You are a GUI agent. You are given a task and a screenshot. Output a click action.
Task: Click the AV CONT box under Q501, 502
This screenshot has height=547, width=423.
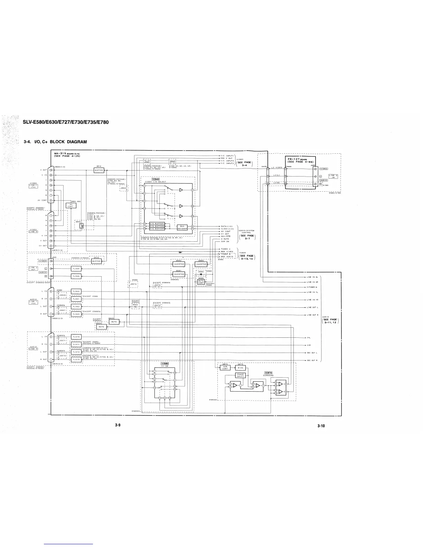click(71, 205)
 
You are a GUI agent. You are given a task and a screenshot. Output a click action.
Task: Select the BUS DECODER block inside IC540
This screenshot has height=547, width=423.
click(182, 228)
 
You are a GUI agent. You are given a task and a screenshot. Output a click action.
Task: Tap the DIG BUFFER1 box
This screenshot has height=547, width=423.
click(157, 224)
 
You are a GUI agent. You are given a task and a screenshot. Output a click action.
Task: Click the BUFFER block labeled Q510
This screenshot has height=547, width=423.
click(99, 170)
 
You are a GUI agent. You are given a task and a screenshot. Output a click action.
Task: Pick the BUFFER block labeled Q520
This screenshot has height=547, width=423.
click(96, 261)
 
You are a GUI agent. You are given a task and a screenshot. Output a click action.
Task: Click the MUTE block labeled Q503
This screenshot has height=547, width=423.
click(114, 322)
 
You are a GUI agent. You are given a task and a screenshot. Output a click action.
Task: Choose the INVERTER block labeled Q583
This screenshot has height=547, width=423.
click(201, 264)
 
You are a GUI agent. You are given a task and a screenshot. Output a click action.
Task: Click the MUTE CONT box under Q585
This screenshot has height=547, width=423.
click(201, 282)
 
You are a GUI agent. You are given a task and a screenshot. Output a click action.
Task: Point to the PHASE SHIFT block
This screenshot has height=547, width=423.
click(241, 375)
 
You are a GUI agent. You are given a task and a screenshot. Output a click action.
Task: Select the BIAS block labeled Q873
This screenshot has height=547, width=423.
click(241, 368)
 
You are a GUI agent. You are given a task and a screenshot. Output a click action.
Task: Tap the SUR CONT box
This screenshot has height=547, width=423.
click(225, 368)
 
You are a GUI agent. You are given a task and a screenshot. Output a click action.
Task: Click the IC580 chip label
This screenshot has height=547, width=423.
click(165, 363)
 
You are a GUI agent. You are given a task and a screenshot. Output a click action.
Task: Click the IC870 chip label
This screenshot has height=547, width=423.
click(269, 373)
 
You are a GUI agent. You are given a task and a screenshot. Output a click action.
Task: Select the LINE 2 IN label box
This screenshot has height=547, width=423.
click(333, 176)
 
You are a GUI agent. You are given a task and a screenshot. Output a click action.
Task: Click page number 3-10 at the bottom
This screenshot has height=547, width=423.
click(321, 426)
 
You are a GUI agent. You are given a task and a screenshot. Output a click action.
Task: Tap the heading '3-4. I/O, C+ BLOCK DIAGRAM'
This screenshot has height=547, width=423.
click(55, 142)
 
